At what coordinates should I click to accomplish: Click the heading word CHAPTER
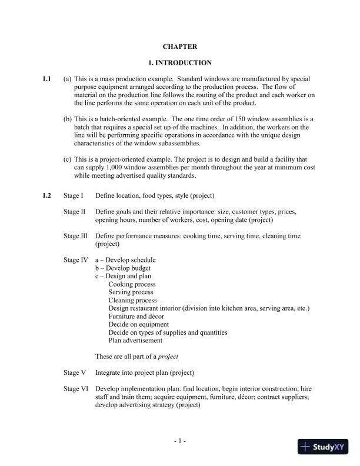pos(180,46)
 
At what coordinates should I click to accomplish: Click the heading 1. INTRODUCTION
pos(180,62)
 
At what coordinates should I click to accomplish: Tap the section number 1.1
pos(47,78)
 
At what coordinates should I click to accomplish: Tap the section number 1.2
pos(47,195)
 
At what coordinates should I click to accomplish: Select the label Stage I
pos(74,195)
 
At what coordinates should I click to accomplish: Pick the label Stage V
pos(75,372)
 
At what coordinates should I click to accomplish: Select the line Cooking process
pos(134,284)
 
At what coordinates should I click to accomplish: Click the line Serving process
pos(131,292)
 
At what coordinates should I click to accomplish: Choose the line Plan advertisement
pos(136,341)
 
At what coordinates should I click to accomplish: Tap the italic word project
pos(168,357)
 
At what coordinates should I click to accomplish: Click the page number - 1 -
pos(180,441)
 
